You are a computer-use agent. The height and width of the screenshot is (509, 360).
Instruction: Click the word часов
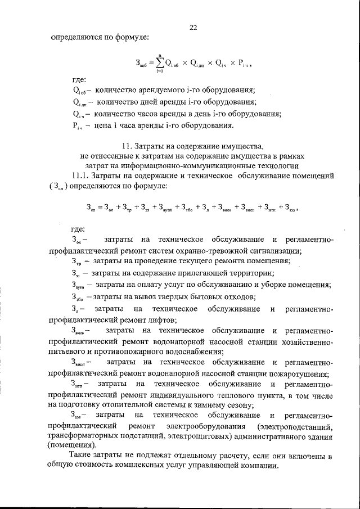(x=156, y=114)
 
